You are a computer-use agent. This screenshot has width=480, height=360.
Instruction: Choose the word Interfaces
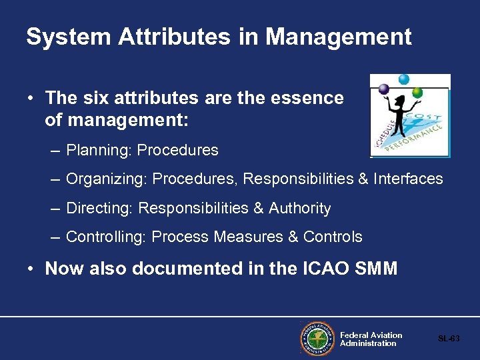click(x=408, y=179)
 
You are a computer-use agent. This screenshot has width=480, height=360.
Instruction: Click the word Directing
click(x=99, y=209)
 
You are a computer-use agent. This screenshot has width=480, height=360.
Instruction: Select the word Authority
click(x=299, y=209)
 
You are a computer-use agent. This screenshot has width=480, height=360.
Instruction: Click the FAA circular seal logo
click(x=317, y=339)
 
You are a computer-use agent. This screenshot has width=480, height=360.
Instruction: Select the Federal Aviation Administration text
click(x=371, y=339)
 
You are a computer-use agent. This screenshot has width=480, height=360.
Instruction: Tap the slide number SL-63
click(x=449, y=339)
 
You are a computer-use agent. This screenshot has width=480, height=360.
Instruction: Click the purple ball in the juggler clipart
click(x=383, y=89)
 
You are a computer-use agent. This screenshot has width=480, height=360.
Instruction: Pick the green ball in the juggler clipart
click(x=417, y=92)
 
